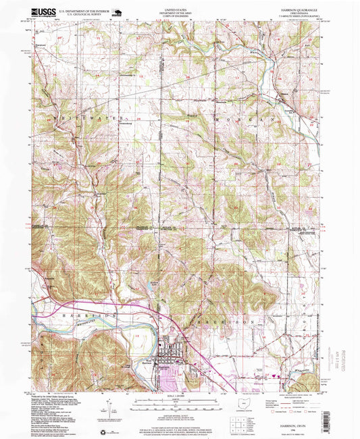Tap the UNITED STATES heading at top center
[x=175, y=9]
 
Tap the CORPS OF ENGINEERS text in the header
[x=175, y=18]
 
